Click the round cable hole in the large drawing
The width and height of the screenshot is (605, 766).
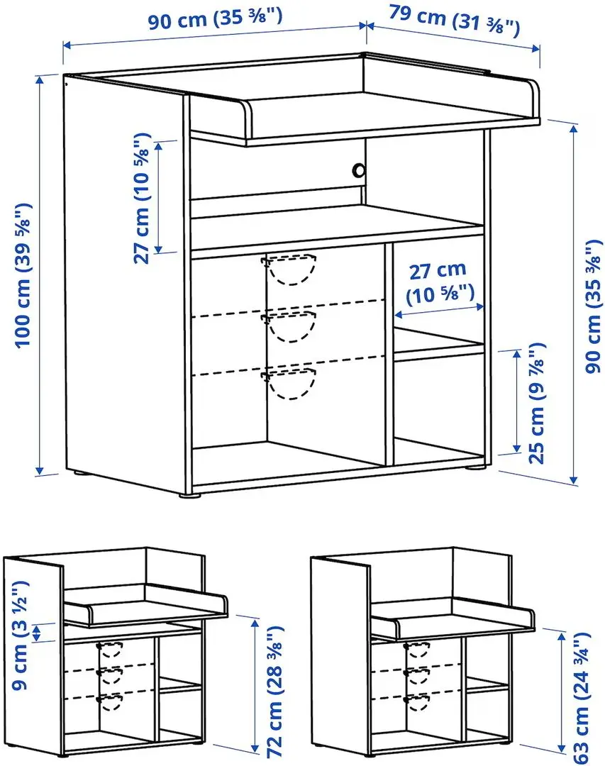(x=360, y=170)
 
